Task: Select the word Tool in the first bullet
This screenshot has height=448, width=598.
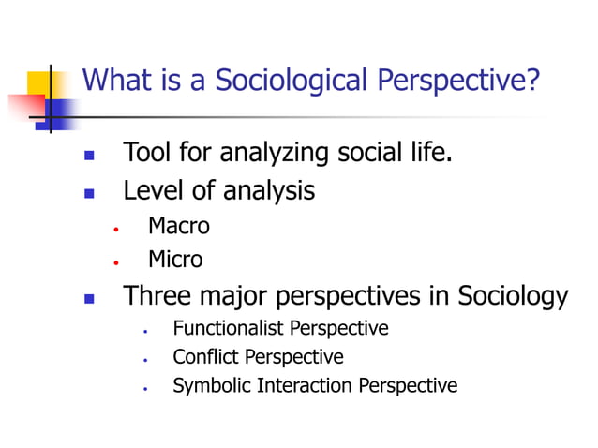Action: [x=147, y=152]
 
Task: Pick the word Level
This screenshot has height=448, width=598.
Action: [x=153, y=191]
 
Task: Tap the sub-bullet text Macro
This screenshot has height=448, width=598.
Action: [x=178, y=226]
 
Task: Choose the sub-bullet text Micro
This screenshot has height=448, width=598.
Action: [x=174, y=259]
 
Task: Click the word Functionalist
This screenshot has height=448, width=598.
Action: [x=228, y=328]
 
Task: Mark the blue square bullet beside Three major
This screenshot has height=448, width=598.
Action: [x=90, y=299]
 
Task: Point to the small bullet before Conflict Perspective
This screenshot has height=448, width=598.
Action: [x=146, y=359]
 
